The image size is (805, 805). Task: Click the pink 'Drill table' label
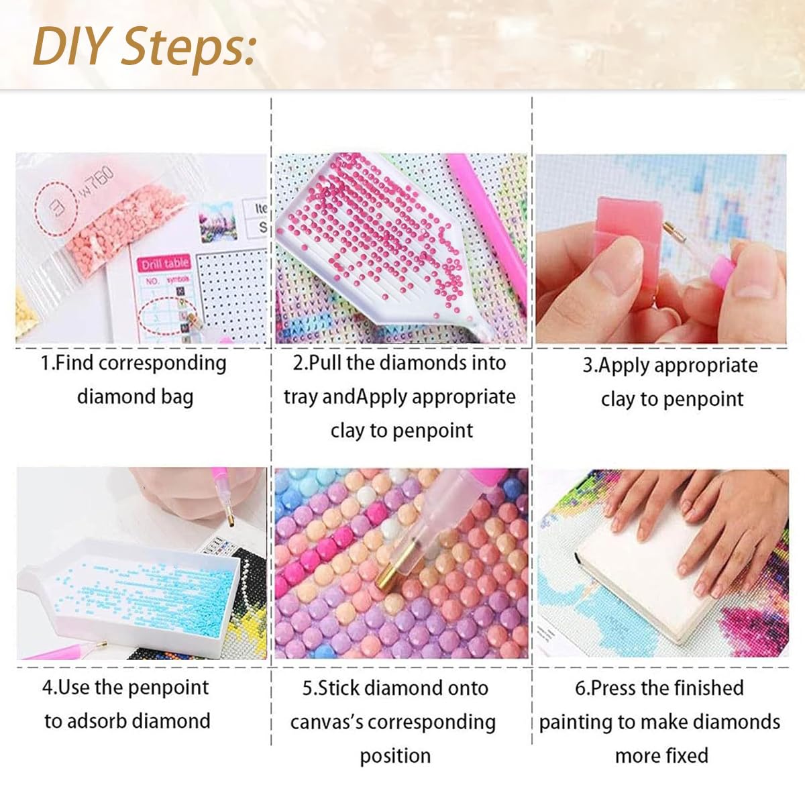pyautogui.click(x=164, y=264)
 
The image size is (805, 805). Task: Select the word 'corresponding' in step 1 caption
pyautogui.click(x=162, y=364)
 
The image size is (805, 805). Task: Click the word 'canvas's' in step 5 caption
pyautogui.click(x=327, y=722)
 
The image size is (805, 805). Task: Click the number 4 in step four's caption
pyautogui.click(x=47, y=688)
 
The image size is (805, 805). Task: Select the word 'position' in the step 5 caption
pyautogui.click(x=395, y=756)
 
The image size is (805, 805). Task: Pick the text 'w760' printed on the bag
pyautogui.click(x=97, y=180)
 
